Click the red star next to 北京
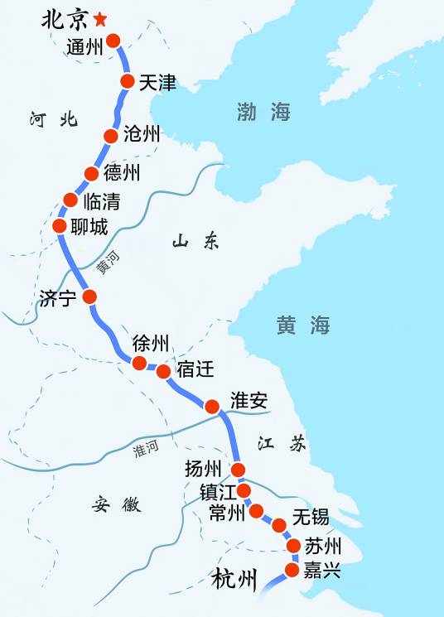pos(101,18)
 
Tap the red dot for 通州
pos(113,40)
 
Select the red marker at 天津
pos(128,80)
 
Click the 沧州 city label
pos(141,135)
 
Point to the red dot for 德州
pos(92,173)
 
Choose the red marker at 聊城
pos(59,225)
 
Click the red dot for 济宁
pos(89,296)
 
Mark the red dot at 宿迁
pos(163,371)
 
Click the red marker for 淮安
pos(212,407)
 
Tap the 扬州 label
pos(204,469)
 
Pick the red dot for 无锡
pos(279,524)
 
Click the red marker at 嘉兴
pos(292,569)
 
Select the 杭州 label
pos(234,577)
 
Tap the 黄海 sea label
pos(303,325)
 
